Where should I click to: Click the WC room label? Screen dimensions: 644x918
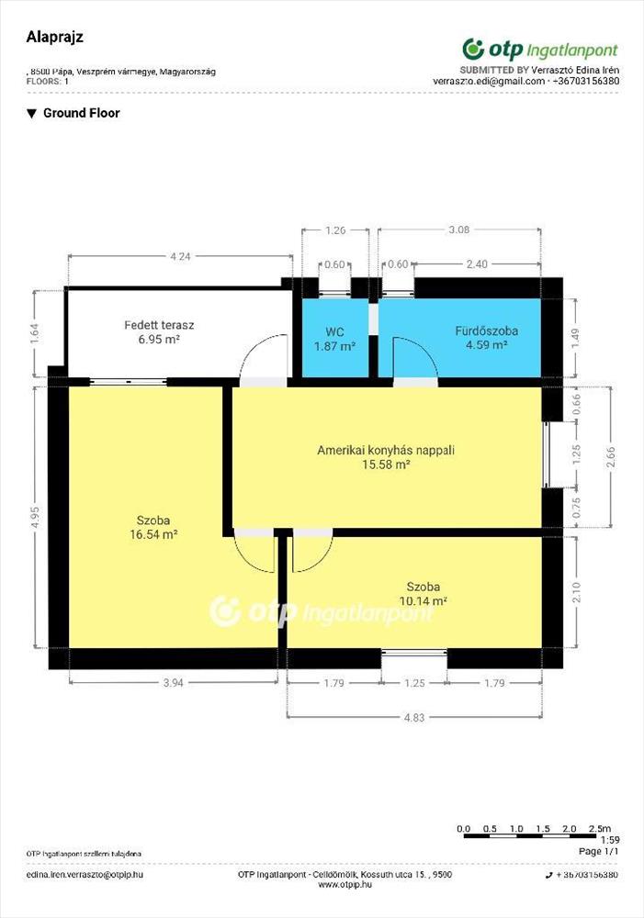pos(334,332)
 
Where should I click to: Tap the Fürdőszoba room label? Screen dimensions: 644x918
pos(486,330)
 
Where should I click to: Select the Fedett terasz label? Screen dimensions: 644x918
pos(159,325)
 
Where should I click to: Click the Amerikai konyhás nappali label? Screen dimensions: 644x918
pos(386,450)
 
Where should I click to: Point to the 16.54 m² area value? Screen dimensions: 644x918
pos(153,534)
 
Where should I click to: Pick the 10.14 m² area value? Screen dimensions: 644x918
pos(424,600)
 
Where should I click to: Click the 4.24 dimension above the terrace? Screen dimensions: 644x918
pos(180,256)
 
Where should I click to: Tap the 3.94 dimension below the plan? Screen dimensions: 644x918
pos(174,683)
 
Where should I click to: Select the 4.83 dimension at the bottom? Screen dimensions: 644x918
pos(414,717)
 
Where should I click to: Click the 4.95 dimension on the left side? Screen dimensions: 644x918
pos(37,518)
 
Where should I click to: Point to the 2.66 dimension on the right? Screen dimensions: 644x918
pos(611,457)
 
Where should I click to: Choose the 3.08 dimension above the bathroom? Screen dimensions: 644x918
pos(458,230)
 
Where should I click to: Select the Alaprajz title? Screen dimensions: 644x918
pos(55,37)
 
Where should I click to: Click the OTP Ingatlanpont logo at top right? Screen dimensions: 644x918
pos(539,50)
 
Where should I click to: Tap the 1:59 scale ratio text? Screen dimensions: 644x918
pos(610,840)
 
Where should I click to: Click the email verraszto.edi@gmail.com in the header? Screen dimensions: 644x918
pos(489,82)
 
